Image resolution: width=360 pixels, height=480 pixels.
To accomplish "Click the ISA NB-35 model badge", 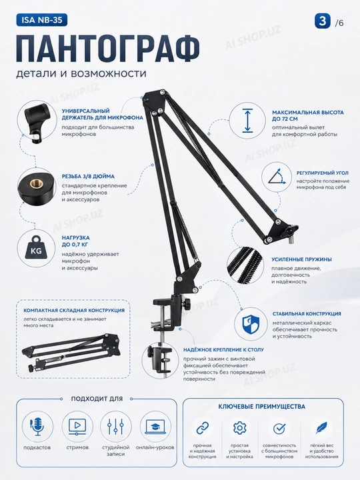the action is (41, 20).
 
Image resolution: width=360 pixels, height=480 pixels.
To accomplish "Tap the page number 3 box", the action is (323, 21).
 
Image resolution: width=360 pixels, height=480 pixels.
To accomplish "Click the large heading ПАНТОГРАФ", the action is (108, 49).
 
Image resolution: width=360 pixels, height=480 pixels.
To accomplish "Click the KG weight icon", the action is (36, 249).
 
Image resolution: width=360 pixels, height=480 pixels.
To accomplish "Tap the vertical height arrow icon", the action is (247, 121).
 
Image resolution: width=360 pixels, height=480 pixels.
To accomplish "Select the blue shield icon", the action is (251, 324).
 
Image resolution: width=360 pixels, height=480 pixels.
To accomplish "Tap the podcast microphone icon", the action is (37, 427).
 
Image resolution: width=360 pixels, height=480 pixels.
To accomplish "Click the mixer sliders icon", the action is (115, 427).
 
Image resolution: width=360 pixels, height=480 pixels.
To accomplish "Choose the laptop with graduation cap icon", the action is (155, 427).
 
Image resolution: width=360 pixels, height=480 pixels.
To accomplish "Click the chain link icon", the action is (203, 427).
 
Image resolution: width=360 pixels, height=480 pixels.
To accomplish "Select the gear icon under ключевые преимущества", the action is (240, 427).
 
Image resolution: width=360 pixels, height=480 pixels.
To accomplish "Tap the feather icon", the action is (321, 427).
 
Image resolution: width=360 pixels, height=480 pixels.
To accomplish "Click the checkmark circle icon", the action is (279, 428).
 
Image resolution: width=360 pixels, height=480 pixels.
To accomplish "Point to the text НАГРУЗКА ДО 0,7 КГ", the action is (75, 241).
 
